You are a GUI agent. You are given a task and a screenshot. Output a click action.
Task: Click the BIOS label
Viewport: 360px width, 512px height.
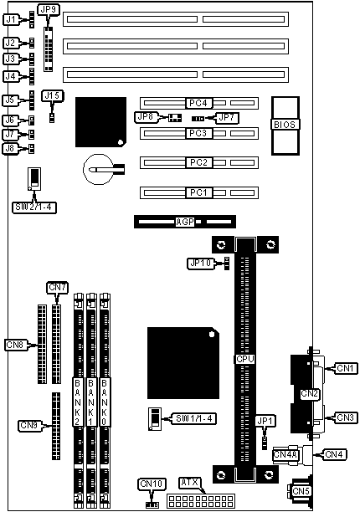click(285, 125)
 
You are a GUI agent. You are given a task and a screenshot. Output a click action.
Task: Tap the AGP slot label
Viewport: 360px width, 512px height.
click(185, 222)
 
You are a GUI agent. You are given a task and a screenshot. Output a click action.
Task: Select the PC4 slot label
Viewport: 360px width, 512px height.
click(198, 103)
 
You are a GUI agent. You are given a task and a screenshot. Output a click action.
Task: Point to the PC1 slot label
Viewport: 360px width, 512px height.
click(198, 192)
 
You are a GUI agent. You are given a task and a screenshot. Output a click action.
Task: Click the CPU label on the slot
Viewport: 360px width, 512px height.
click(245, 359)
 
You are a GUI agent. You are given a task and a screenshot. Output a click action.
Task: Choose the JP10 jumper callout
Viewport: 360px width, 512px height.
click(201, 264)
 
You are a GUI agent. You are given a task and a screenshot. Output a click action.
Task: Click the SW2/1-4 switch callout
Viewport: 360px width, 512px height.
click(34, 207)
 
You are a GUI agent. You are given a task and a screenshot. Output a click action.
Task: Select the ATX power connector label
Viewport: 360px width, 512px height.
click(190, 482)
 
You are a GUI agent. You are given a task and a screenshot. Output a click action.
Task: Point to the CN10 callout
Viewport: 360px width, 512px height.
click(152, 484)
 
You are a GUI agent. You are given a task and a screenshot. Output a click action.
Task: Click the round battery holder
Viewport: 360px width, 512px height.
click(98, 169)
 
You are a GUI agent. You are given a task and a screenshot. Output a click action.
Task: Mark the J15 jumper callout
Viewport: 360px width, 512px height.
click(52, 95)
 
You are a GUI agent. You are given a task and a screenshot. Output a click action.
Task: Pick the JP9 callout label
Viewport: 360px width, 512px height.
click(49, 10)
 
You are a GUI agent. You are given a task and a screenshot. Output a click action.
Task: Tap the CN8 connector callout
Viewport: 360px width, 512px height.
click(15, 345)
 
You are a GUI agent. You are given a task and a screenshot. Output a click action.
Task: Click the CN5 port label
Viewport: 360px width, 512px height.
click(301, 491)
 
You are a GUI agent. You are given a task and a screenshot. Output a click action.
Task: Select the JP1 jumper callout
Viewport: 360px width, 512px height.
click(265, 421)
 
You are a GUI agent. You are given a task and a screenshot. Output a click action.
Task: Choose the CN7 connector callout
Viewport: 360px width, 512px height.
click(58, 288)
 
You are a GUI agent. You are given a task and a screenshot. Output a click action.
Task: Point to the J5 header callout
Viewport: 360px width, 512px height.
click(10, 100)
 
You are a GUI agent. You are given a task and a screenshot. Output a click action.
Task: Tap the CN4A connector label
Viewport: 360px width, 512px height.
click(285, 454)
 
